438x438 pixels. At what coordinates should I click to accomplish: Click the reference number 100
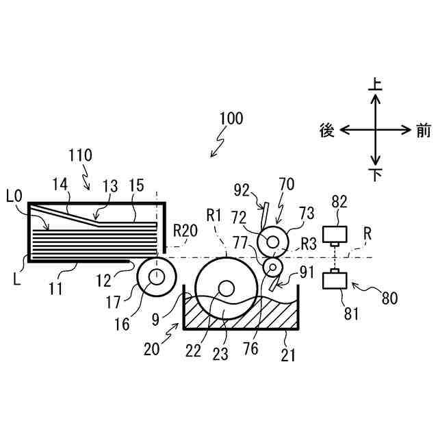point(231,118)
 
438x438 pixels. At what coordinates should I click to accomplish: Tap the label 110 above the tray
point(80,156)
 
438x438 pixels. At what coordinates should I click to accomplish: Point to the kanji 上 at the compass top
point(375,85)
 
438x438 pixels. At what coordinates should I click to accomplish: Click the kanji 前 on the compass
point(423,130)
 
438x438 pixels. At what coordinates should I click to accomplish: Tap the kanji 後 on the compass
point(327,130)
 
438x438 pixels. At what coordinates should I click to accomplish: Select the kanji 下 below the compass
point(375,175)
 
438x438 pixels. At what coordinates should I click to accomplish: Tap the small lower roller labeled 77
point(274,265)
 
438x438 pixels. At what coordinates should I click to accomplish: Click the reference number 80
point(389,298)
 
